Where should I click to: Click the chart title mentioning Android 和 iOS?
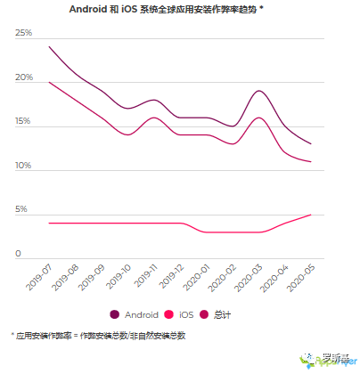pos(179,9)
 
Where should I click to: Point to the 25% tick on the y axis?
pos(23,33)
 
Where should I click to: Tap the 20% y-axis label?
pos(23,77)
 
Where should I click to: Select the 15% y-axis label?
pos(23,121)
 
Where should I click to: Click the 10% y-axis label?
pos(23,166)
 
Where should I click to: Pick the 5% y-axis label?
pos(20,210)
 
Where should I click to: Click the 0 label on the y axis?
pos(18,254)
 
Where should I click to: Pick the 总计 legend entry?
pos(215,314)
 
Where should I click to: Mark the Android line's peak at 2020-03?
pos(258,91)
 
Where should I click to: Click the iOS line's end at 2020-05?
pos(310,215)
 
